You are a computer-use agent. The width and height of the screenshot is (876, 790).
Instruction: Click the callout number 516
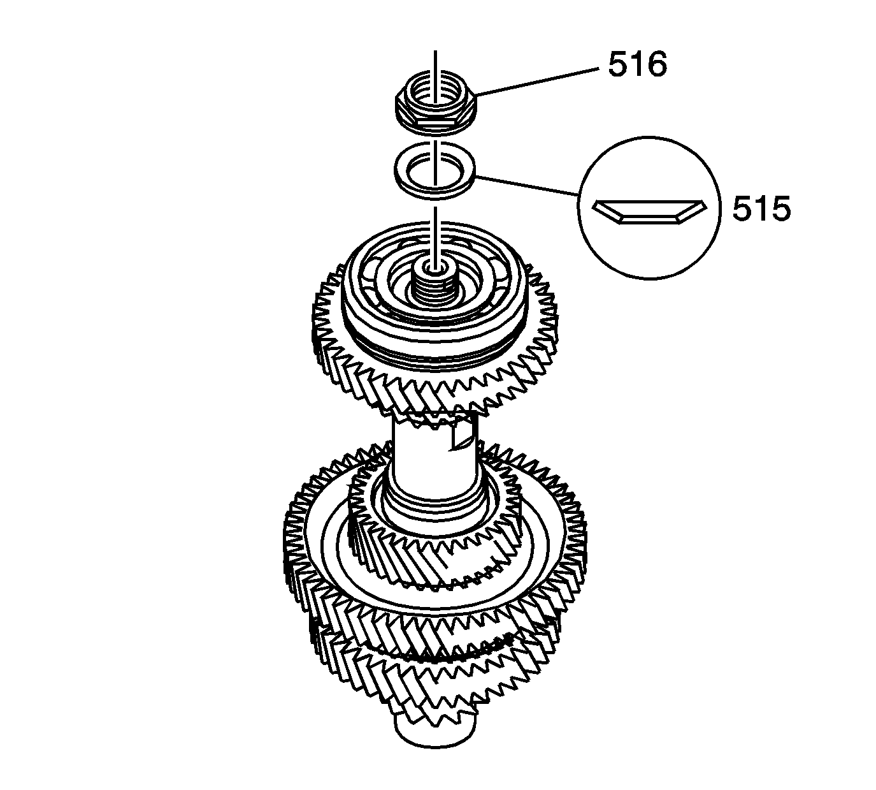(x=636, y=65)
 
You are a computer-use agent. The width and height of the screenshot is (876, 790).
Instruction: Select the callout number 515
(x=761, y=209)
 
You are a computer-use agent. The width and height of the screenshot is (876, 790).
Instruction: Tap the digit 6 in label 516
(x=656, y=65)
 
